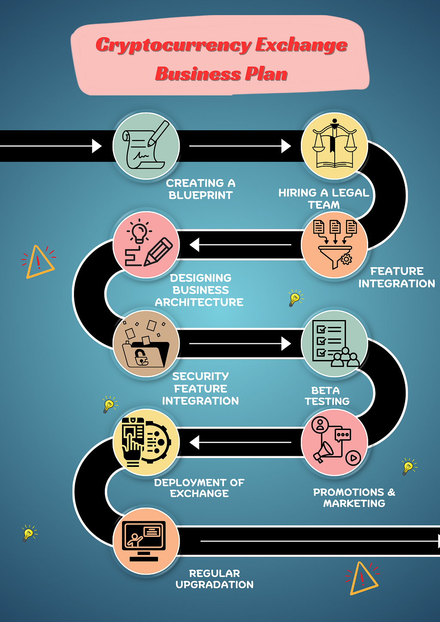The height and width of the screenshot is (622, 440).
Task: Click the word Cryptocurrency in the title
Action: pyautogui.click(x=174, y=45)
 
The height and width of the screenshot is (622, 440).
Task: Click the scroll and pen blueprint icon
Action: pyautogui.click(x=146, y=145)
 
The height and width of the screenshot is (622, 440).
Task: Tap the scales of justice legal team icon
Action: pyautogui.click(x=334, y=143)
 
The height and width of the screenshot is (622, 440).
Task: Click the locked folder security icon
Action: pyautogui.click(x=146, y=345)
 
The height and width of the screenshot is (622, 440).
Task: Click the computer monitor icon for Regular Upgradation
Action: pyautogui.click(x=144, y=541)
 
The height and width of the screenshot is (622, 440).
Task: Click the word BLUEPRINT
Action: pyautogui.click(x=201, y=195)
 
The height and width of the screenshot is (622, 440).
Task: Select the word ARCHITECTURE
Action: pyautogui.click(x=199, y=302)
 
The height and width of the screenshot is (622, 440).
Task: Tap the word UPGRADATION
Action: pyautogui.click(x=214, y=585)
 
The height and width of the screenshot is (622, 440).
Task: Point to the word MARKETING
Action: pyautogui.click(x=354, y=503)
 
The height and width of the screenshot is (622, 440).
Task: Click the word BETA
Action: pyautogui.click(x=325, y=390)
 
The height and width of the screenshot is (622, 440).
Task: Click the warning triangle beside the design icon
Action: pyautogui.click(x=40, y=262)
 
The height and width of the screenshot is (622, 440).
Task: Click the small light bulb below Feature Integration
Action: pyautogui.click(x=295, y=298)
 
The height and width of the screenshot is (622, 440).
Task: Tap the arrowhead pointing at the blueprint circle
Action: pyautogui.click(x=97, y=146)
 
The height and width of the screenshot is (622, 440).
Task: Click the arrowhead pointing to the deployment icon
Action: pyautogui.click(x=194, y=442)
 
